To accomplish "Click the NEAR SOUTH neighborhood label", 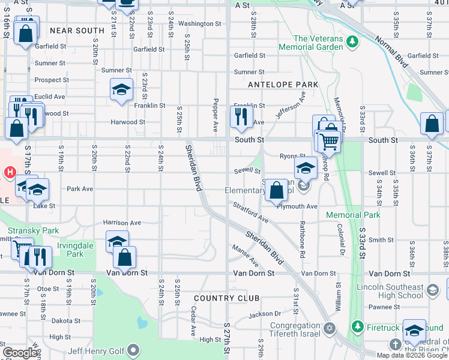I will coord(77,30).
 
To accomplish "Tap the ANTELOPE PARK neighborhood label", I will coord(283,85).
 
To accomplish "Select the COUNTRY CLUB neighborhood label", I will coord(226,298).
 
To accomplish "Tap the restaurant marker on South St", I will coord(242,115).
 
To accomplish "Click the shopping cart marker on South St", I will coord(328,142).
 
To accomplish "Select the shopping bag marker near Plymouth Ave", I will coord(276,190).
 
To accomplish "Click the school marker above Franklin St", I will coord(121,89).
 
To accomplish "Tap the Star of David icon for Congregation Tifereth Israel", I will coord(328,328).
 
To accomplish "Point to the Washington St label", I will coord(199,23).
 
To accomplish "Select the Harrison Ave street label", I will coord(122,223).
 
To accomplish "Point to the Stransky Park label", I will coord(25,230).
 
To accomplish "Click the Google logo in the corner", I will coord(20,353).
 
